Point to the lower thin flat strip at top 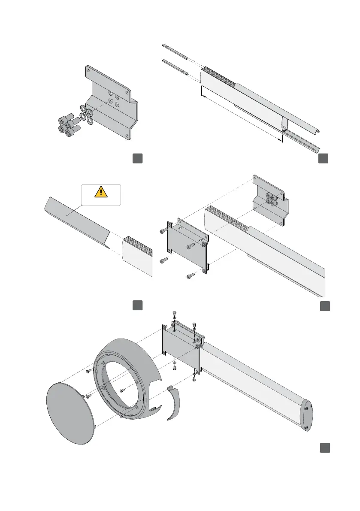coord(175,67)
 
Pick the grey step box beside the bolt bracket coord(137,158)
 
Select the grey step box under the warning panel coord(137,305)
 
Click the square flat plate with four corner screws coord(186,245)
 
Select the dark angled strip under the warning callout coord(77,216)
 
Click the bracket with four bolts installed coord(270,200)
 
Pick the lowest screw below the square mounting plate coord(190,276)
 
